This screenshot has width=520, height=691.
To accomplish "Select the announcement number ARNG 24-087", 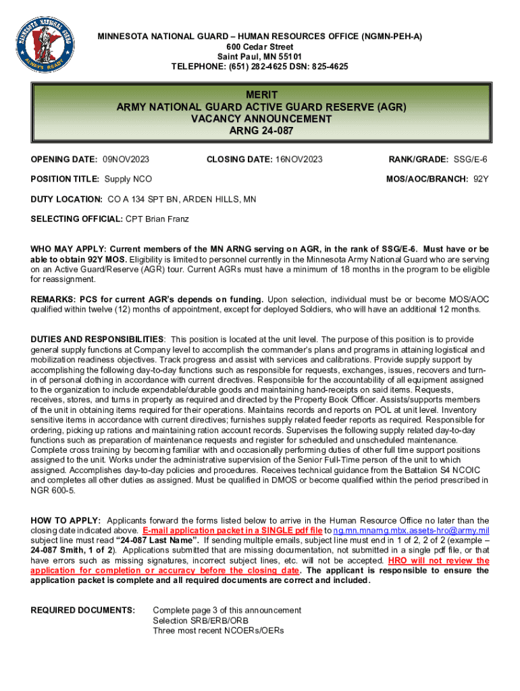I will click(x=260, y=131).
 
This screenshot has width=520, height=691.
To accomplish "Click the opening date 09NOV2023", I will click(x=126, y=159).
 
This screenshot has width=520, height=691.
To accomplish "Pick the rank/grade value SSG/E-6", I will click(x=471, y=159).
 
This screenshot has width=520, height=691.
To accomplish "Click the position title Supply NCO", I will click(x=128, y=179).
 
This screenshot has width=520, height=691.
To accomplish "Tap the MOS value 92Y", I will click(x=481, y=179).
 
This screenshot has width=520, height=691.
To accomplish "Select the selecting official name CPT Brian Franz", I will click(x=157, y=219).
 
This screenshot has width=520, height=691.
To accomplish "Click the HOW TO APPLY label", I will click(x=66, y=520).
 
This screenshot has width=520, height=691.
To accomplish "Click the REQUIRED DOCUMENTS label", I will click(x=83, y=611).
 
